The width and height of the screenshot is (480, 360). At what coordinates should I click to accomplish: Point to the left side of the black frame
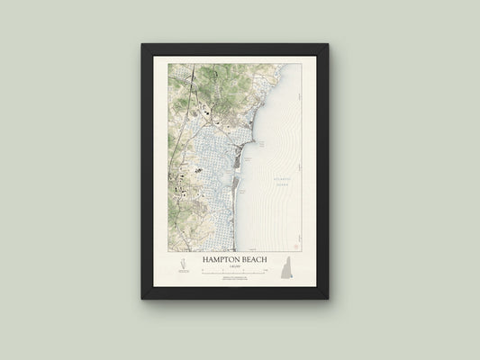point(147,171)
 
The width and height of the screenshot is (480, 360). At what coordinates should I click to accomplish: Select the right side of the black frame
point(322,171)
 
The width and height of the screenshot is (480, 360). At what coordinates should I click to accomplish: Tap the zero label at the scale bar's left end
point(204,268)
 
